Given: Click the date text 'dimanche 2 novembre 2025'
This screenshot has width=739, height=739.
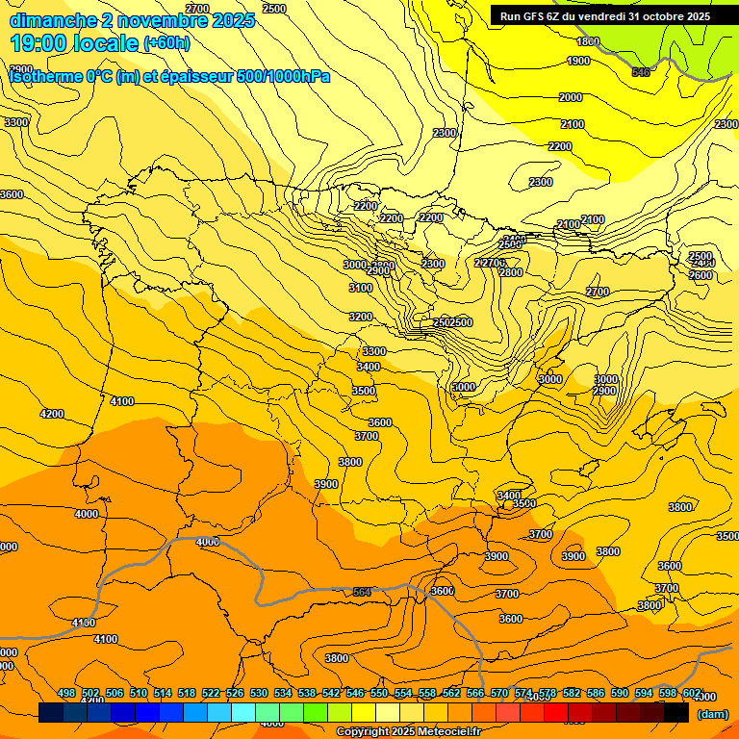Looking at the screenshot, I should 132,20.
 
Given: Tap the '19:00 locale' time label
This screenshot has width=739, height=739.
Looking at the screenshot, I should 74,43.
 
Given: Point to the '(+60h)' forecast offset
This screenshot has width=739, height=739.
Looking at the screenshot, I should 166,43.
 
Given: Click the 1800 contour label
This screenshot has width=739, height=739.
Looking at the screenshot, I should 588,41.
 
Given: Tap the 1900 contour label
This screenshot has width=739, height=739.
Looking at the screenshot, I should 578,62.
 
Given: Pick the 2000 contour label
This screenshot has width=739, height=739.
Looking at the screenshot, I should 571,97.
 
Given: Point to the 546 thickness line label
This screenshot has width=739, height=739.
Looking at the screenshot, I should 641,72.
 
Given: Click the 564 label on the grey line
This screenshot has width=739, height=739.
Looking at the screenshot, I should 362,592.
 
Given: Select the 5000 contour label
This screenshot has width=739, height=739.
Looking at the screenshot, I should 464,387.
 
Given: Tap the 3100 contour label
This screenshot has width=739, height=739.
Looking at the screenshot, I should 361,288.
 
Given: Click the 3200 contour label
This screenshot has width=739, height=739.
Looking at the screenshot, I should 361,317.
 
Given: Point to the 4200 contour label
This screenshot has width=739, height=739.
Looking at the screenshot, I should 52,414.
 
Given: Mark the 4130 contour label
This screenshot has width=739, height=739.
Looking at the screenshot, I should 84,624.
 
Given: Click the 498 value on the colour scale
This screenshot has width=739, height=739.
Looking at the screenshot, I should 66,693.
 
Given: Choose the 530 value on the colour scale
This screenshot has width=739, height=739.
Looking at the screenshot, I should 259,693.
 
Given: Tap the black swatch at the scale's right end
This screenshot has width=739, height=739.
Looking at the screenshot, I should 675,712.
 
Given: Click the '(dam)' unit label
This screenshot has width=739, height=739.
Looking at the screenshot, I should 712,713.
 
